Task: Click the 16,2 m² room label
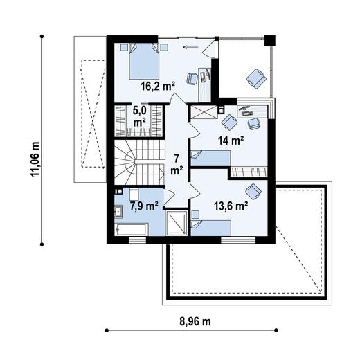(158, 87)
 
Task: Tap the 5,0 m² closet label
(140, 116)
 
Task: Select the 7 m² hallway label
(177, 163)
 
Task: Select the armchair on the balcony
(256, 78)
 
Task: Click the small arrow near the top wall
(190, 48)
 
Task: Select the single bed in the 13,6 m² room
(211, 224)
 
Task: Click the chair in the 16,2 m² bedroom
(192, 78)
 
